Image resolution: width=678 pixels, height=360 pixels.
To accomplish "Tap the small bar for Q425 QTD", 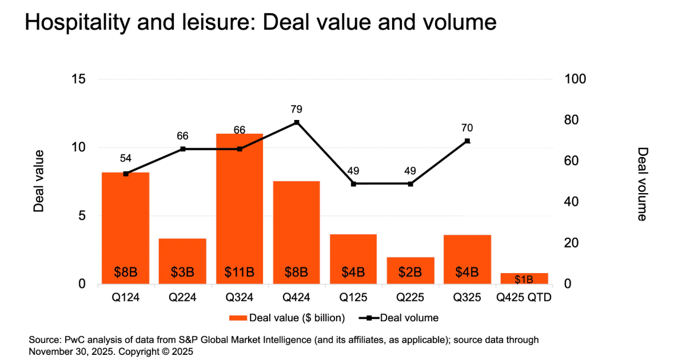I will click(x=524, y=278).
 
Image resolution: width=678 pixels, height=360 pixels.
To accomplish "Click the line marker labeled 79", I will click(x=296, y=122).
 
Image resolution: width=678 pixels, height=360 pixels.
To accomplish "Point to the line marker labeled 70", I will click(x=467, y=141).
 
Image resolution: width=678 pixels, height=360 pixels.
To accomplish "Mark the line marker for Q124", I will click(x=126, y=174).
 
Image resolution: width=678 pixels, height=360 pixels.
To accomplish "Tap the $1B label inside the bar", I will click(x=524, y=279).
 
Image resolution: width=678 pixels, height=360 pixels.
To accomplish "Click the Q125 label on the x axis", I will click(x=353, y=298).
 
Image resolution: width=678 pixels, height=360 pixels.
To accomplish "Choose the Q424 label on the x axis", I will click(x=296, y=298).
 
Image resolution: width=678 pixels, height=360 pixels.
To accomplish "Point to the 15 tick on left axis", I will click(x=79, y=79).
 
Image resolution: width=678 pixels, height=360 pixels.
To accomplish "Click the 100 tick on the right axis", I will click(x=575, y=79).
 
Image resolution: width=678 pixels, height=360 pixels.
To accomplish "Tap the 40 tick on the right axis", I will click(x=572, y=202).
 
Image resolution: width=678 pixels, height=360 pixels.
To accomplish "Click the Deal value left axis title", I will click(x=38, y=181).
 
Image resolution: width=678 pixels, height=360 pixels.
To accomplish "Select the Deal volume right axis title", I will click(x=643, y=183).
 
